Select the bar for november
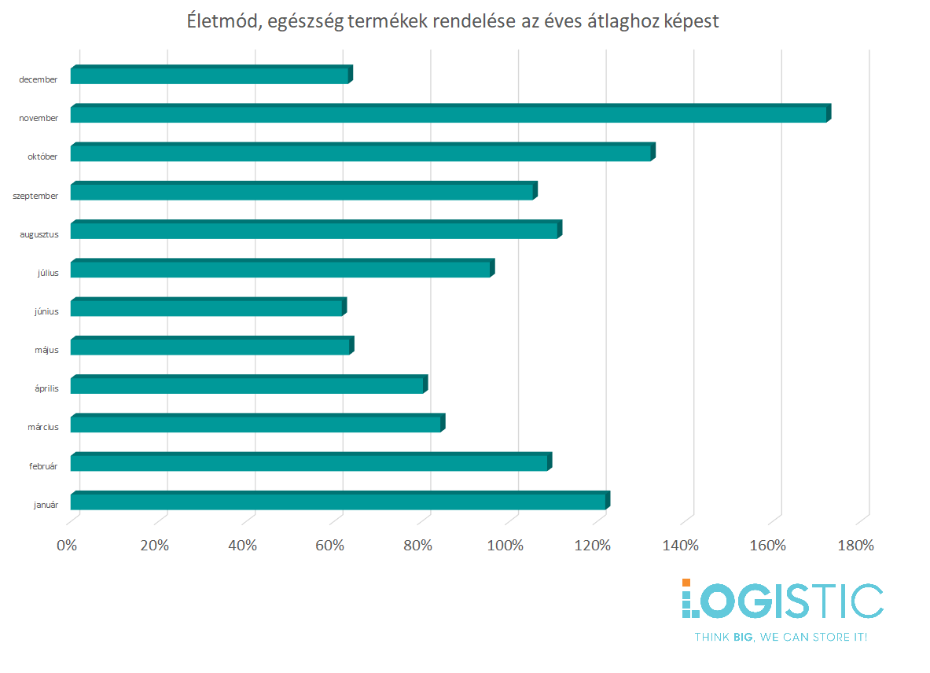(x=448, y=114)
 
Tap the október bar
(x=361, y=153)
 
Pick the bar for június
(x=207, y=307)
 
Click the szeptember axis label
(x=35, y=196)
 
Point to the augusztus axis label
(x=39, y=234)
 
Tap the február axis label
(x=42, y=466)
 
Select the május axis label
(x=46, y=350)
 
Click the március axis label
(x=44, y=428)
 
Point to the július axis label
(x=47, y=273)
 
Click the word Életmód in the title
(x=222, y=22)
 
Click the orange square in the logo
(x=686, y=583)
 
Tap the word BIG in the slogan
(x=741, y=637)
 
